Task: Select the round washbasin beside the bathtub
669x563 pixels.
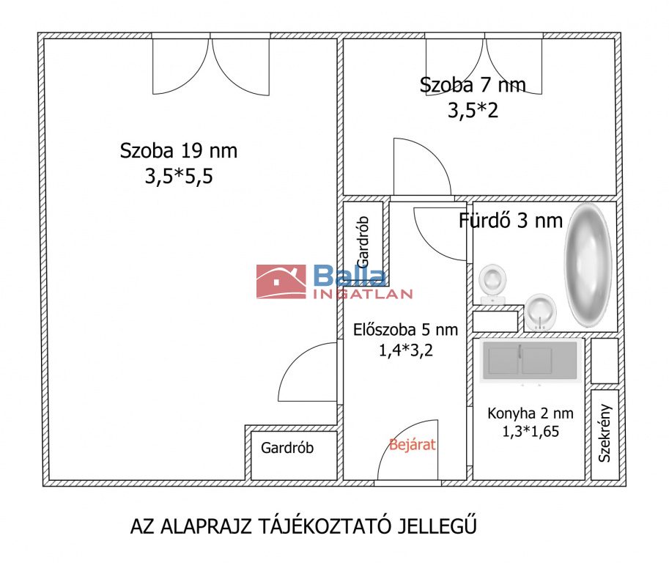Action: [x=541, y=312]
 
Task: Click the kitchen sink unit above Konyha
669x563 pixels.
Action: [x=530, y=361]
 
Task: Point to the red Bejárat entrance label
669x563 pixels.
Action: [x=412, y=445]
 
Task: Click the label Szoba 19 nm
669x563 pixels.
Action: [x=178, y=151]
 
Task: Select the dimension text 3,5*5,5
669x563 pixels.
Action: [x=179, y=176]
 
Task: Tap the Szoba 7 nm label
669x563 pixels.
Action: [x=473, y=84]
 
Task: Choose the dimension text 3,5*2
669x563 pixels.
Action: [x=473, y=110]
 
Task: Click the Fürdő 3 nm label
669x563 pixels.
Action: [x=511, y=220]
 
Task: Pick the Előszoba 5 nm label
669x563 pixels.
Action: [x=405, y=330]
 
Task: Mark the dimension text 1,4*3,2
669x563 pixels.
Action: [x=406, y=350]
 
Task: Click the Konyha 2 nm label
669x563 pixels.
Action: [x=531, y=413]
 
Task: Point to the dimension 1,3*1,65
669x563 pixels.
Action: [x=531, y=431]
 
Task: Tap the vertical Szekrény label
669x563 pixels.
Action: [x=605, y=433]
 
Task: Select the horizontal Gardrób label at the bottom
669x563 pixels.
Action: [x=287, y=448]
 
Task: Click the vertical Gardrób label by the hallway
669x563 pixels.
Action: [x=363, y=242]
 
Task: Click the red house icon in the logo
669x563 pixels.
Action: [x=281, y=281]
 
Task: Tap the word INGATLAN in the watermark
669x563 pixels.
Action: [x=363, y=294]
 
